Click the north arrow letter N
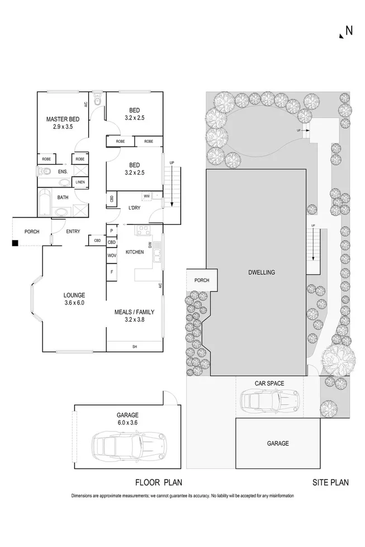point(349,31)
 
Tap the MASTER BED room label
point(61,119)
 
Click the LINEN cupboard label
point(80,183)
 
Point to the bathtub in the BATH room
point(45,201)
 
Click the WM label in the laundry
point(146,196)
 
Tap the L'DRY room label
point(134,208)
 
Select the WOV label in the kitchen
point(112,255)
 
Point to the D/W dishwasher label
point(150,245)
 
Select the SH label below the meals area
point(134,347)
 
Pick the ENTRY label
point(73,232)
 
